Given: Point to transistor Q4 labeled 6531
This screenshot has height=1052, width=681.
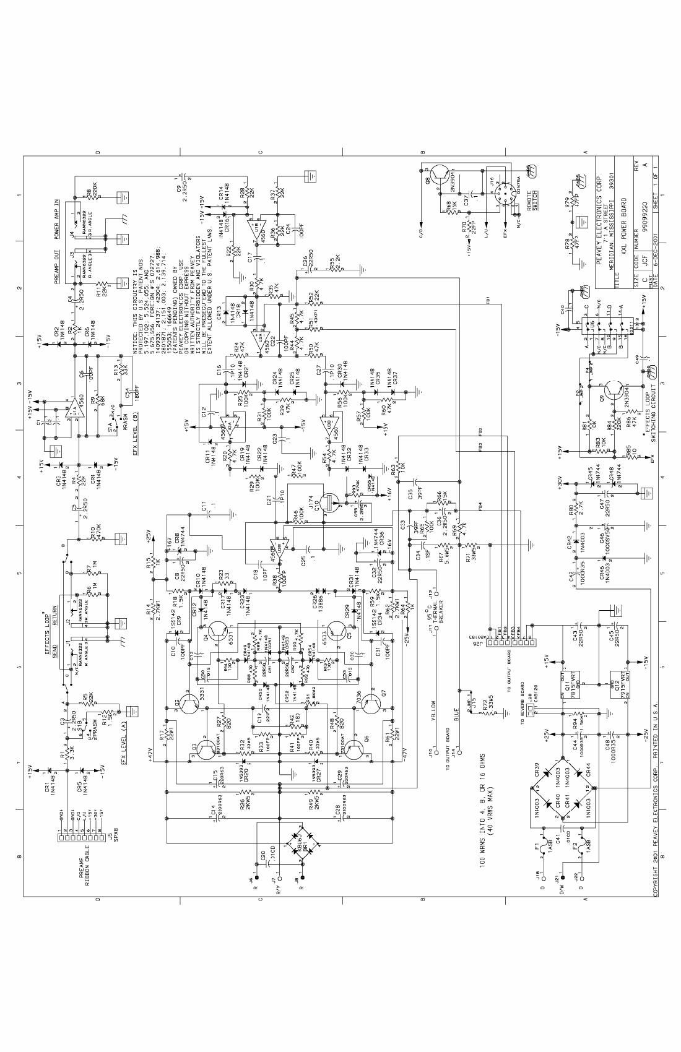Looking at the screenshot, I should coord(219,631).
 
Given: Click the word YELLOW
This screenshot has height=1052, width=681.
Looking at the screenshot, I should coord(434,710).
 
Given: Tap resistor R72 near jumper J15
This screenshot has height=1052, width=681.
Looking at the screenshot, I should coord(489,712).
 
